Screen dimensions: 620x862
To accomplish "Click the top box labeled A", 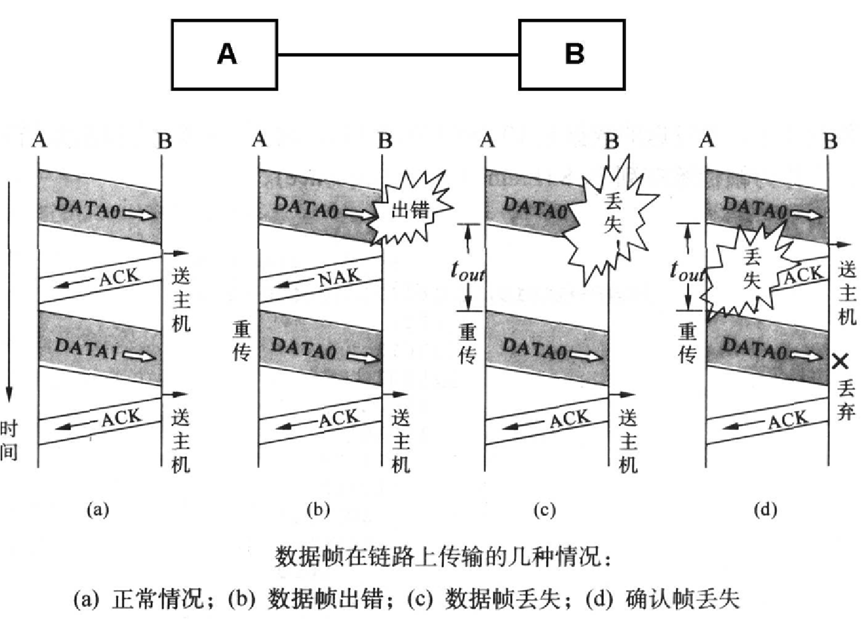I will (225, 55).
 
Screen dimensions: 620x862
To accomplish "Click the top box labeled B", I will (571, 55).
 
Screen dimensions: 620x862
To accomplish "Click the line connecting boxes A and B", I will (398, 55).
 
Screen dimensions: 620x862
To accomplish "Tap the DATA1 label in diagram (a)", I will (86, 348).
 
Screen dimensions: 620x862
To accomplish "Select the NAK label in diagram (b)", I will (339, 277).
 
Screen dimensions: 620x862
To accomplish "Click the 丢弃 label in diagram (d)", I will (846, 400).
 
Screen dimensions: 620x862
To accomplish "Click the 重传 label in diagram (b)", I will (242, 341).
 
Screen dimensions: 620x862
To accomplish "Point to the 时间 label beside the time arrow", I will (9, 440).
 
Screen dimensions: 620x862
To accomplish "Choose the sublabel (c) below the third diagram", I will (544, 509).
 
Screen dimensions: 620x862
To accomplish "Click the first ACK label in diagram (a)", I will (119, 277).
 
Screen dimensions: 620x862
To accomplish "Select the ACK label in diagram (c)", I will (569, 419).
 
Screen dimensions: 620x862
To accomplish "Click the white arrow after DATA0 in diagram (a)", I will (139, 215).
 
